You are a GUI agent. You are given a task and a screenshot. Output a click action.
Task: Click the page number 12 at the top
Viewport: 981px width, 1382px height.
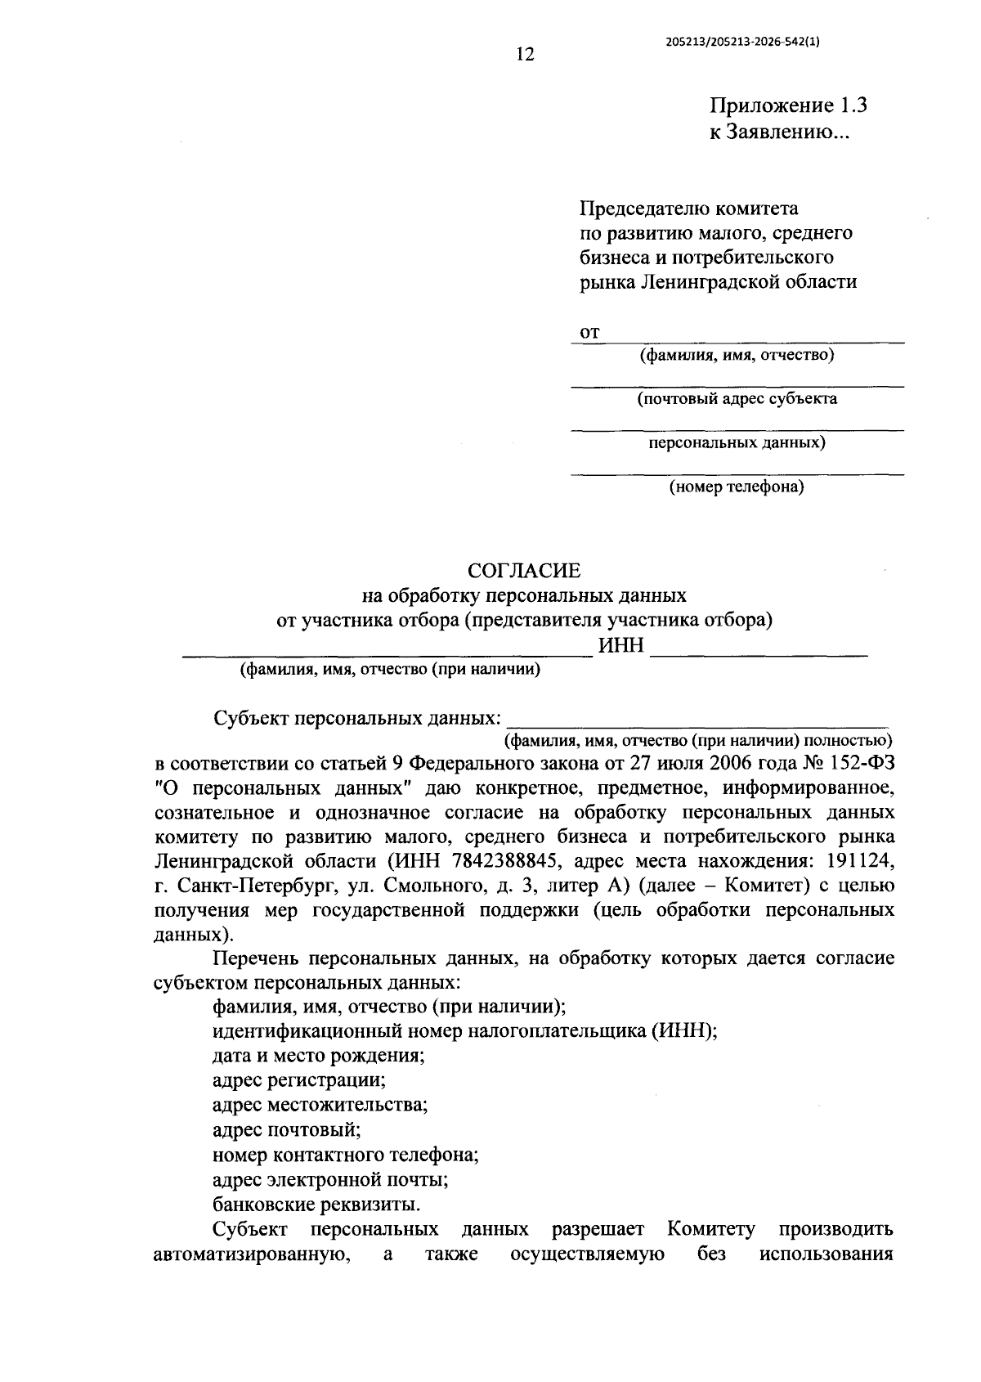[524, 55]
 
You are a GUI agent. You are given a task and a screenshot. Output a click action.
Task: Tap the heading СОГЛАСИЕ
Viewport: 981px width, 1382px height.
[523, 570]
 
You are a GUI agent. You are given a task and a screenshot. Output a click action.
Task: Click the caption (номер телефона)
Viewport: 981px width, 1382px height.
[737, 487]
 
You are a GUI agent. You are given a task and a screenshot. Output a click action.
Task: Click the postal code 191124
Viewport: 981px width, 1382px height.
[860, 860]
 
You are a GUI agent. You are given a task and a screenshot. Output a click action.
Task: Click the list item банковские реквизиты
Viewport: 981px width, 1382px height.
[317, 1205]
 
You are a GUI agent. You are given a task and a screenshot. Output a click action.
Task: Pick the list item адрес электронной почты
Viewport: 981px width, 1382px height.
[329, 1180]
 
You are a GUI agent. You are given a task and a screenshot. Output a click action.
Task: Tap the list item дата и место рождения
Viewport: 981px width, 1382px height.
[318, 1055]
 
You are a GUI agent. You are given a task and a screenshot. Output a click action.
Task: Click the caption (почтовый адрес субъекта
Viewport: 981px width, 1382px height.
[737, 399]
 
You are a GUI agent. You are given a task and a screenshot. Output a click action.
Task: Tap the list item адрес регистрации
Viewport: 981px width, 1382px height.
[298, 1079]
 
